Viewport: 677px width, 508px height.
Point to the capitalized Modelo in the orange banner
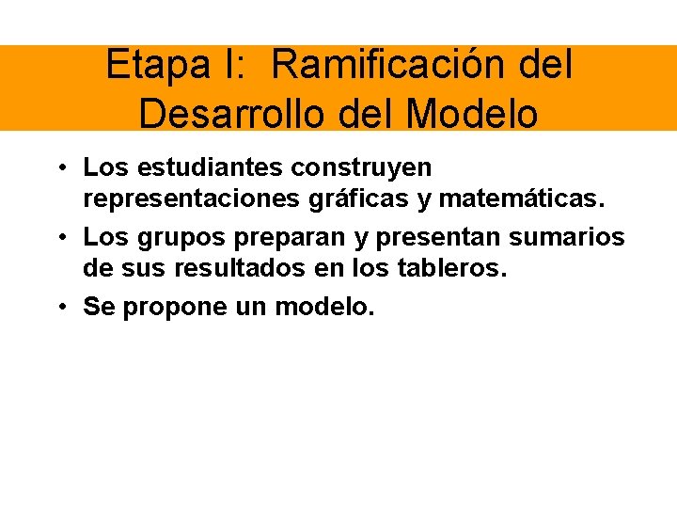pyautogui.click(x=474, y=113)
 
